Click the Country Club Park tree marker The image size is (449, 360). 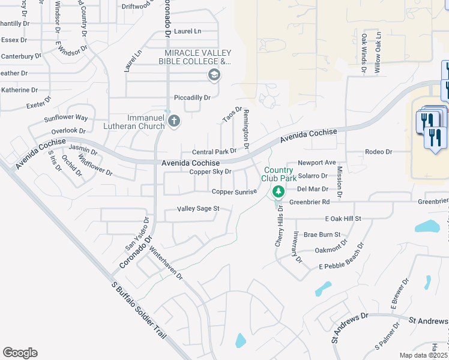coord(278,192)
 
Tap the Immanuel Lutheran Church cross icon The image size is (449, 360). coord(174,122)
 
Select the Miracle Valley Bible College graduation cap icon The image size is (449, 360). coord(214,76)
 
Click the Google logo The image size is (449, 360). coord(20,353)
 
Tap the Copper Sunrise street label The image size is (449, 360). coord(234,191)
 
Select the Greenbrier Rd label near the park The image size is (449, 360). coord(310,202)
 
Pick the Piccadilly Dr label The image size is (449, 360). coord(192,97)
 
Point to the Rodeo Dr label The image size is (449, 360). coord(378,152)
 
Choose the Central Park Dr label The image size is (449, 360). coord(214,152)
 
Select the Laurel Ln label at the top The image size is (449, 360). coord(188,31)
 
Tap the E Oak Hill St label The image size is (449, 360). coord(342,220)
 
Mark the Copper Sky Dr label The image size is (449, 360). coord(210,172)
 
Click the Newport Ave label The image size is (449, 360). coord(317,163)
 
